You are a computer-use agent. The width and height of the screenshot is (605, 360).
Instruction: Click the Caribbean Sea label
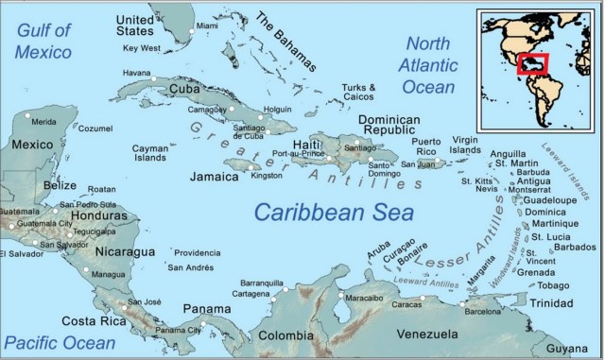point(321,211)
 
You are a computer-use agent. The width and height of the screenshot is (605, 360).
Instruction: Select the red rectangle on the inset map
point(533,63)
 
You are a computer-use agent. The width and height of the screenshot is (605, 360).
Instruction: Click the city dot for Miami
point(193,31)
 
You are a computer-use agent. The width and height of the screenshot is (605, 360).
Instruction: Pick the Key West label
point(143,48)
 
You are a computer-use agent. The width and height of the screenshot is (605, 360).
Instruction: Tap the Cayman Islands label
point(150,154)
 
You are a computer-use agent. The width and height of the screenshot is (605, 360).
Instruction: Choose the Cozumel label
point(95,129)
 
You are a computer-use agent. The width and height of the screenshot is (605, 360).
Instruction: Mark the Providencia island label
point(197,253)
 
